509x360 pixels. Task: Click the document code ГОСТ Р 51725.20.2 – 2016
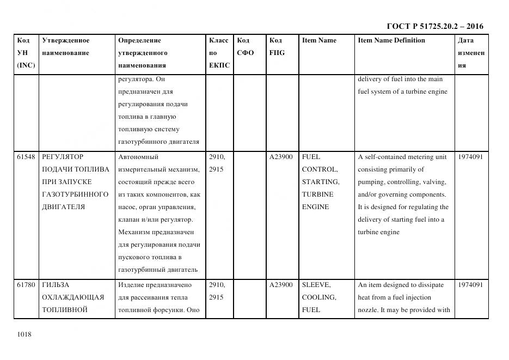click(435, 26)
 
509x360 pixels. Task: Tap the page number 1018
click(24, 334)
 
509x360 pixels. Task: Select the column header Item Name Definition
click(391, 40)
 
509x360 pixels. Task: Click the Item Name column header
click(319, 40)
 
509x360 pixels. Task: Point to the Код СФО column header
click(245, 47)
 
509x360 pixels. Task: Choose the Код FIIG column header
click(277, 47)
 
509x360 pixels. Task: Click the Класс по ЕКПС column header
click(219, 53)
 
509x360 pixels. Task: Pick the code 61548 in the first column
click(26, 157)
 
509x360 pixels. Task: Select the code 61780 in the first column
click(26, 285)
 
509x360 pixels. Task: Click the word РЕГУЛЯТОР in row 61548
click(63, 157)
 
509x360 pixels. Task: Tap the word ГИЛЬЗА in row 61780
click(56, 285)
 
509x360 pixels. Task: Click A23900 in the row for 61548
click(281, 157)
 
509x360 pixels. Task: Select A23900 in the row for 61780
click(281, 285)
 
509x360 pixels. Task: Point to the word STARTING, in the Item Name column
click(321, 182)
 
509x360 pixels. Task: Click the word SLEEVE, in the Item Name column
click(316, 285)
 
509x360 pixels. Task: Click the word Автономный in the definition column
click(138, 157)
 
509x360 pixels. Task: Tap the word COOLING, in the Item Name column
click(319, 297)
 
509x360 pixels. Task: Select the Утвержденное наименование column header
click(65, 47)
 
